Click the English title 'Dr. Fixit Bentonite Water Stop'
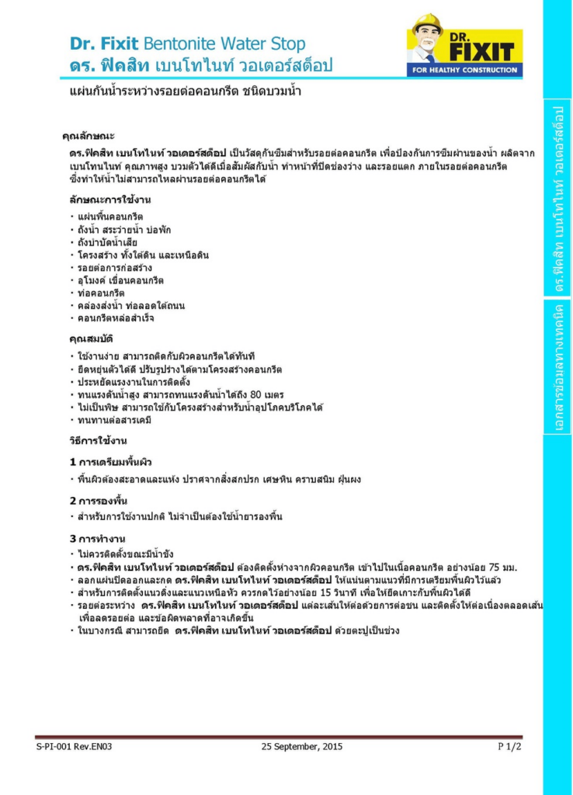coord(187,43)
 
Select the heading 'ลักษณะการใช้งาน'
coord(109,200)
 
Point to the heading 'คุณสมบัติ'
coord(92,339)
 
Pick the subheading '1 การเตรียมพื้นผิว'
coord(110,462)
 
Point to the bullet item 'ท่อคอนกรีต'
coord(101,293)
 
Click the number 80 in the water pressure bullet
coord(260,394)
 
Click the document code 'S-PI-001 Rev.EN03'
coord(74,746)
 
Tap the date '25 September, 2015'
coord(302,746)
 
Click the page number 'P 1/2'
coord(509,746)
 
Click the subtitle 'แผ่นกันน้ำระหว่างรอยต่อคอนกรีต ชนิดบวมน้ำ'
coord(185,92)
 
